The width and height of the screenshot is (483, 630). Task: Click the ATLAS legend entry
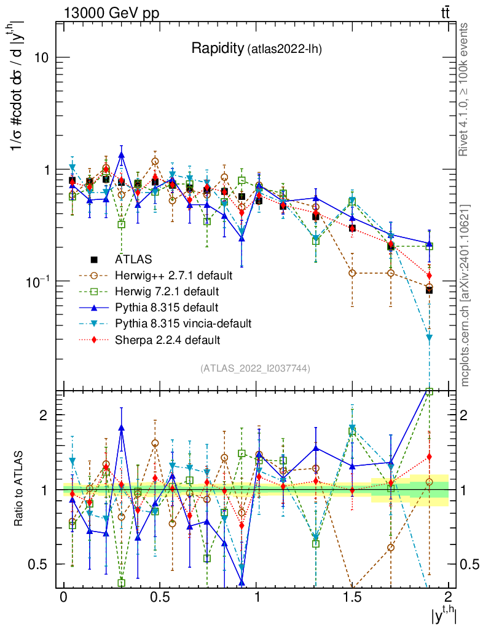pos(136,258)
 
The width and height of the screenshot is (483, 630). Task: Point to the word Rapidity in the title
pos(217,49)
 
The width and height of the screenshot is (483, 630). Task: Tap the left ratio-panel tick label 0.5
pos(40,564)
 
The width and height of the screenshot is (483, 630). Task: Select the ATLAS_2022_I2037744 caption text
pos(254,369)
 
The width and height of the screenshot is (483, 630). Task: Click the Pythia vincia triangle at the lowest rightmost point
pos(430,338)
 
